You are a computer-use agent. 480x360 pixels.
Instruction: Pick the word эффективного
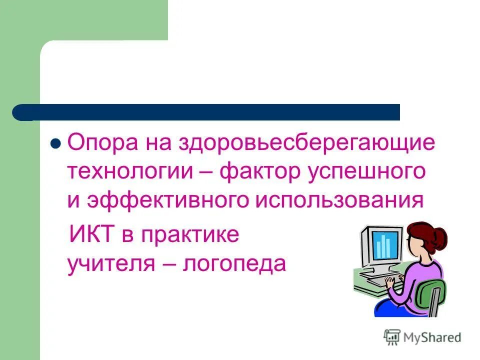tap(168, 200)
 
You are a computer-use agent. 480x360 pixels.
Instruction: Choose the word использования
tap(340, 200)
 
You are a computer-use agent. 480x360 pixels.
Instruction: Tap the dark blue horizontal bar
tap(210, 112)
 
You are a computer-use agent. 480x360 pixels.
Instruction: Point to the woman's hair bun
tap(440, 234)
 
